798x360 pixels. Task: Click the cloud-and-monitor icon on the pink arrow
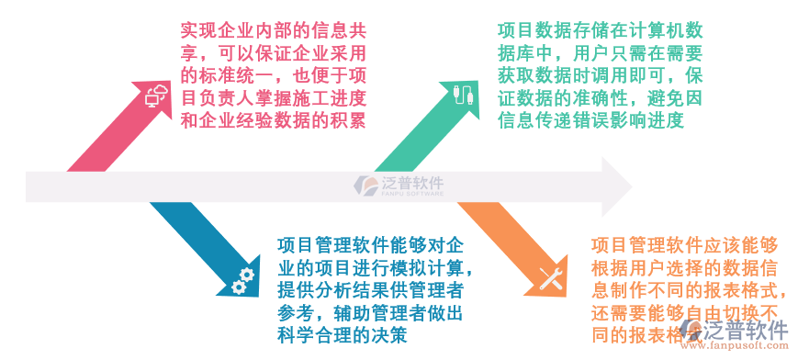[157, 94]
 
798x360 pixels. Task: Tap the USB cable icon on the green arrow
[462, 94]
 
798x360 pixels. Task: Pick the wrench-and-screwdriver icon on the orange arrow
[550, 279]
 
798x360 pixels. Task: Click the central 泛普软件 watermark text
[412, 184]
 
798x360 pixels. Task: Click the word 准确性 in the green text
[601, 97]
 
